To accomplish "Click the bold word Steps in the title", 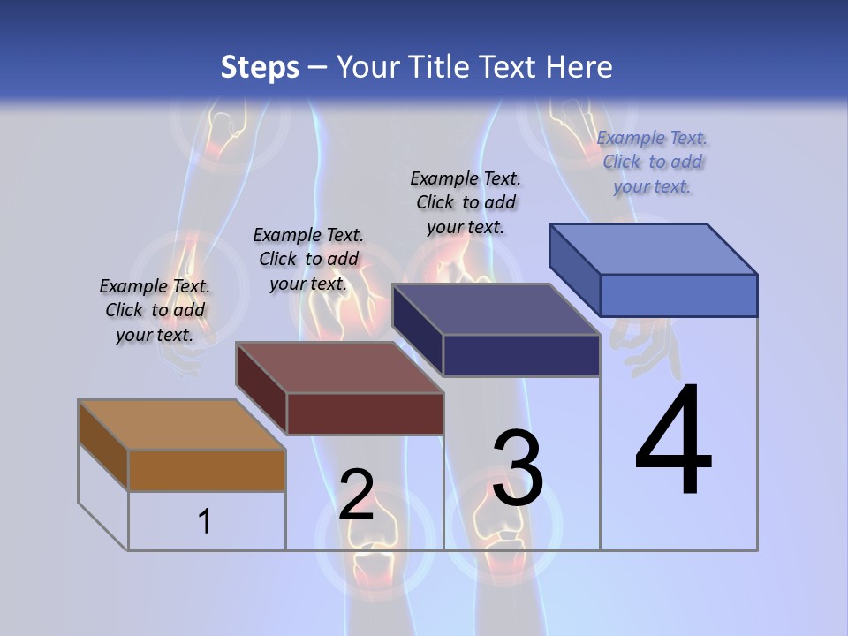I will [x=260, y=67].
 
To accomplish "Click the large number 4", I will [x=673, y=442].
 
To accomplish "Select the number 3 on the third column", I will [x=518, y=468].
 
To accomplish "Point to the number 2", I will [x=356, y=495].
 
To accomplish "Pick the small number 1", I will [x=205, y=521].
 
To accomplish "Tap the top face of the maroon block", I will [x=339, y=367].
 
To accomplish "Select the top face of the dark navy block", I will [x=496, y=309].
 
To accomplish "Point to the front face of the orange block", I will [x=207, y=470].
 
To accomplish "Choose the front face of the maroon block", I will [x=365, y=413].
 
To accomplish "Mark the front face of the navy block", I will [x=521, y=355].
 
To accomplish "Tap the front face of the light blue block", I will [x=678, y=295].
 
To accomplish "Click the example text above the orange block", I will [x=155, y=311].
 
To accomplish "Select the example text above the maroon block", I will [x=308, y=260].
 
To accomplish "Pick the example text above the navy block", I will [x=466, y=202].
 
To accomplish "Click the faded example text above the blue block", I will [x=652, y=163].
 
